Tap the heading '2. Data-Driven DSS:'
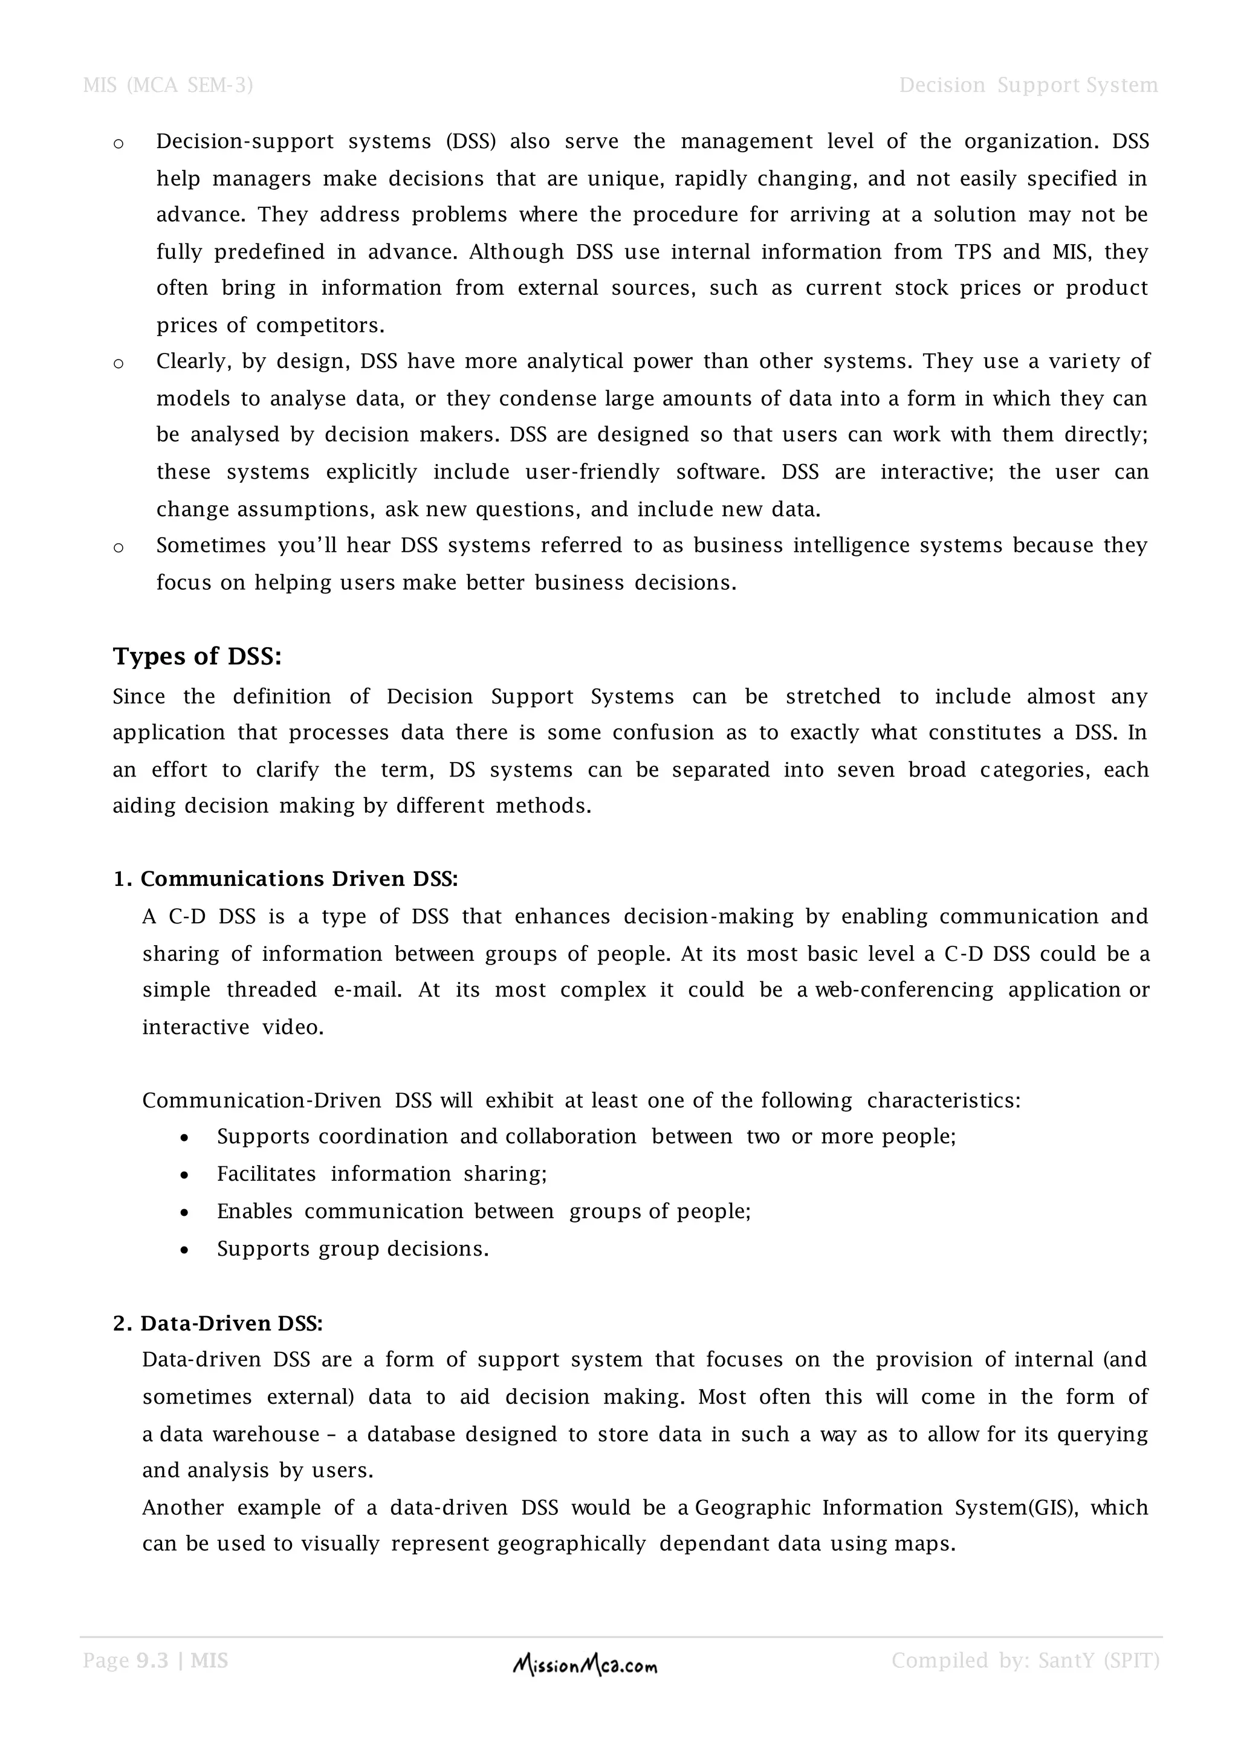tap(218, 1323)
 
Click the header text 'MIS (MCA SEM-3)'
tap(167, 85)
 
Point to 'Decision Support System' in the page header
tap(1028, 85)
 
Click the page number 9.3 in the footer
tap(152, 1661)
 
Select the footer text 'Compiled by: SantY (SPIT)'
tap(1025, 1661)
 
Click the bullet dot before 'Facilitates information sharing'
tap(184, 1175)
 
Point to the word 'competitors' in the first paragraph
tap(319, 326)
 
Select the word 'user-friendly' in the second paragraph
tap(592, 472)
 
